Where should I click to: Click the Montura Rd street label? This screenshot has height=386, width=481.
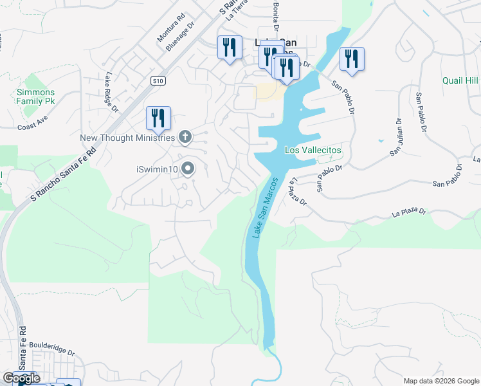click(x=171, y=28)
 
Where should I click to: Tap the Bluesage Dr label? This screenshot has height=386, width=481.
click(x=179, y=37)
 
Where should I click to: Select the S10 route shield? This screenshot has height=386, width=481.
click(x=159, y=80)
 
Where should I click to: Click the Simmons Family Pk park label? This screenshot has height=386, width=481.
click(x=31, y=96)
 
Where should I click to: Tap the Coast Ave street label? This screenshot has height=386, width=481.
click(x=33, y=123)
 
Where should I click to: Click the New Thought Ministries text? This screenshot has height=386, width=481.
click(x=127, y=138)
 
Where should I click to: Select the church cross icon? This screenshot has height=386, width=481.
click(x=185, y=136)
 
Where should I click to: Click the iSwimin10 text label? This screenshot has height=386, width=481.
click(x=156, y=169)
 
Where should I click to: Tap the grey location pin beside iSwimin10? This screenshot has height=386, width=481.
click(x=188, y=169)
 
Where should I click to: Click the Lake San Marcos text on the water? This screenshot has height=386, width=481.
click(x=265, y=207)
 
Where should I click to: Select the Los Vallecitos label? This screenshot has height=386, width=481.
click(x=313, y=150)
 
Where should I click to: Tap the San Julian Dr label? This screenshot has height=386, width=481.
click(x=396, y=137)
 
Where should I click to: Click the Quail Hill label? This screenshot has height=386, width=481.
click(x=460, y=80)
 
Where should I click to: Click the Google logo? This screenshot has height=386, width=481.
click(x=21, y=378)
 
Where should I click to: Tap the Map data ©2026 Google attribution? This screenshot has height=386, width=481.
click(x=440, y=381)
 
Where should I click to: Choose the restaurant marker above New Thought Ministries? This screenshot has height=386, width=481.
click(x=158, y=117)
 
